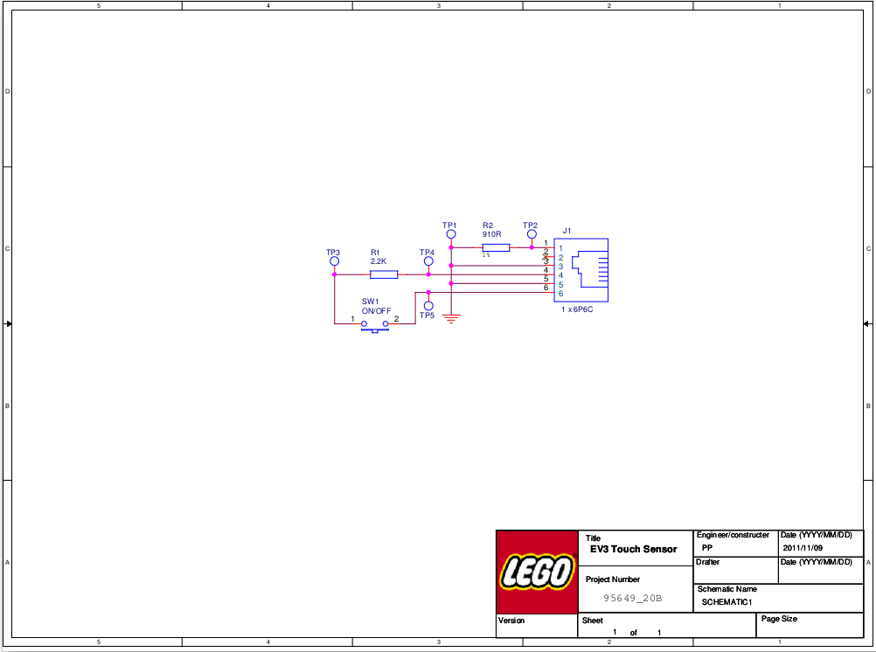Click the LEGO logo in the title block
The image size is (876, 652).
pyautogui.click(x=537, y=572)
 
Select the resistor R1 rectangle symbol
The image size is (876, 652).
pyautogui.click(x=384, y=274)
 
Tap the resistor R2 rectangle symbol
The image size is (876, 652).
pyautogui.click(x=496, y=247)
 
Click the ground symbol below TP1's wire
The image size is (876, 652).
pyautogui.click(x=451, y=318)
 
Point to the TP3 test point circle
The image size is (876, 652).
pyautogui.click(x=334, y=261)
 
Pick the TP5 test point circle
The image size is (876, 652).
pyautogui.click(x=428, y=306)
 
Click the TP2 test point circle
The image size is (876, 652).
pyautogui.click(x=532, y=234)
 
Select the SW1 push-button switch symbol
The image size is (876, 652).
pyautogui.click(x=375, y=326)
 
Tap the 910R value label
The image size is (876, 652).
pyautogui.click(x=491, y=234)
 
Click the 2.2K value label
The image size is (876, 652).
pyautogui.click(x=379, y=261)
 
